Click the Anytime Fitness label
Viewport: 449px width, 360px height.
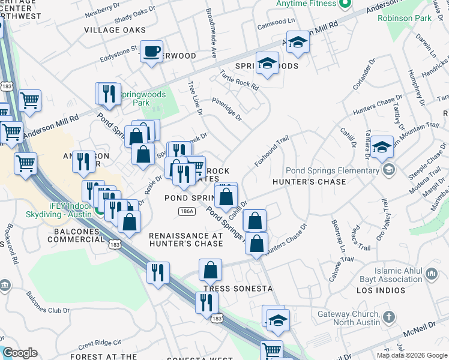(306, 3)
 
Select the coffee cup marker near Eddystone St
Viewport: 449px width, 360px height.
(152, 52)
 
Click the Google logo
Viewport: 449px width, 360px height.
(20, 353)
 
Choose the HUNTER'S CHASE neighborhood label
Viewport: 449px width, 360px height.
(309, 181)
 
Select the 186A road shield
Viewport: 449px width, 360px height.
(186, 211)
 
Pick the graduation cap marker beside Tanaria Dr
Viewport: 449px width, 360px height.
(382, 148)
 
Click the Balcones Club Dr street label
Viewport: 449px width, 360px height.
(49, 302)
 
